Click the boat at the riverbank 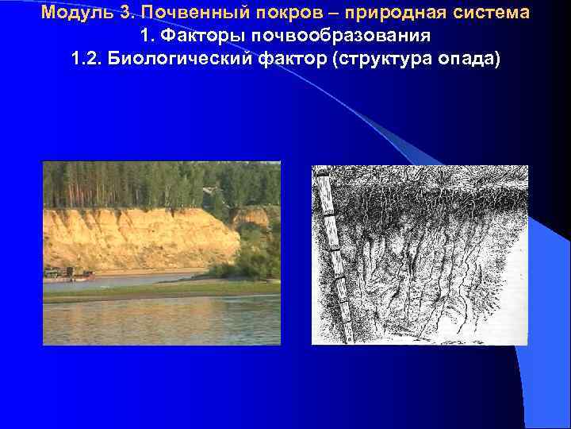click(67, 275)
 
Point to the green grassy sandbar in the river click(159, 290)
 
